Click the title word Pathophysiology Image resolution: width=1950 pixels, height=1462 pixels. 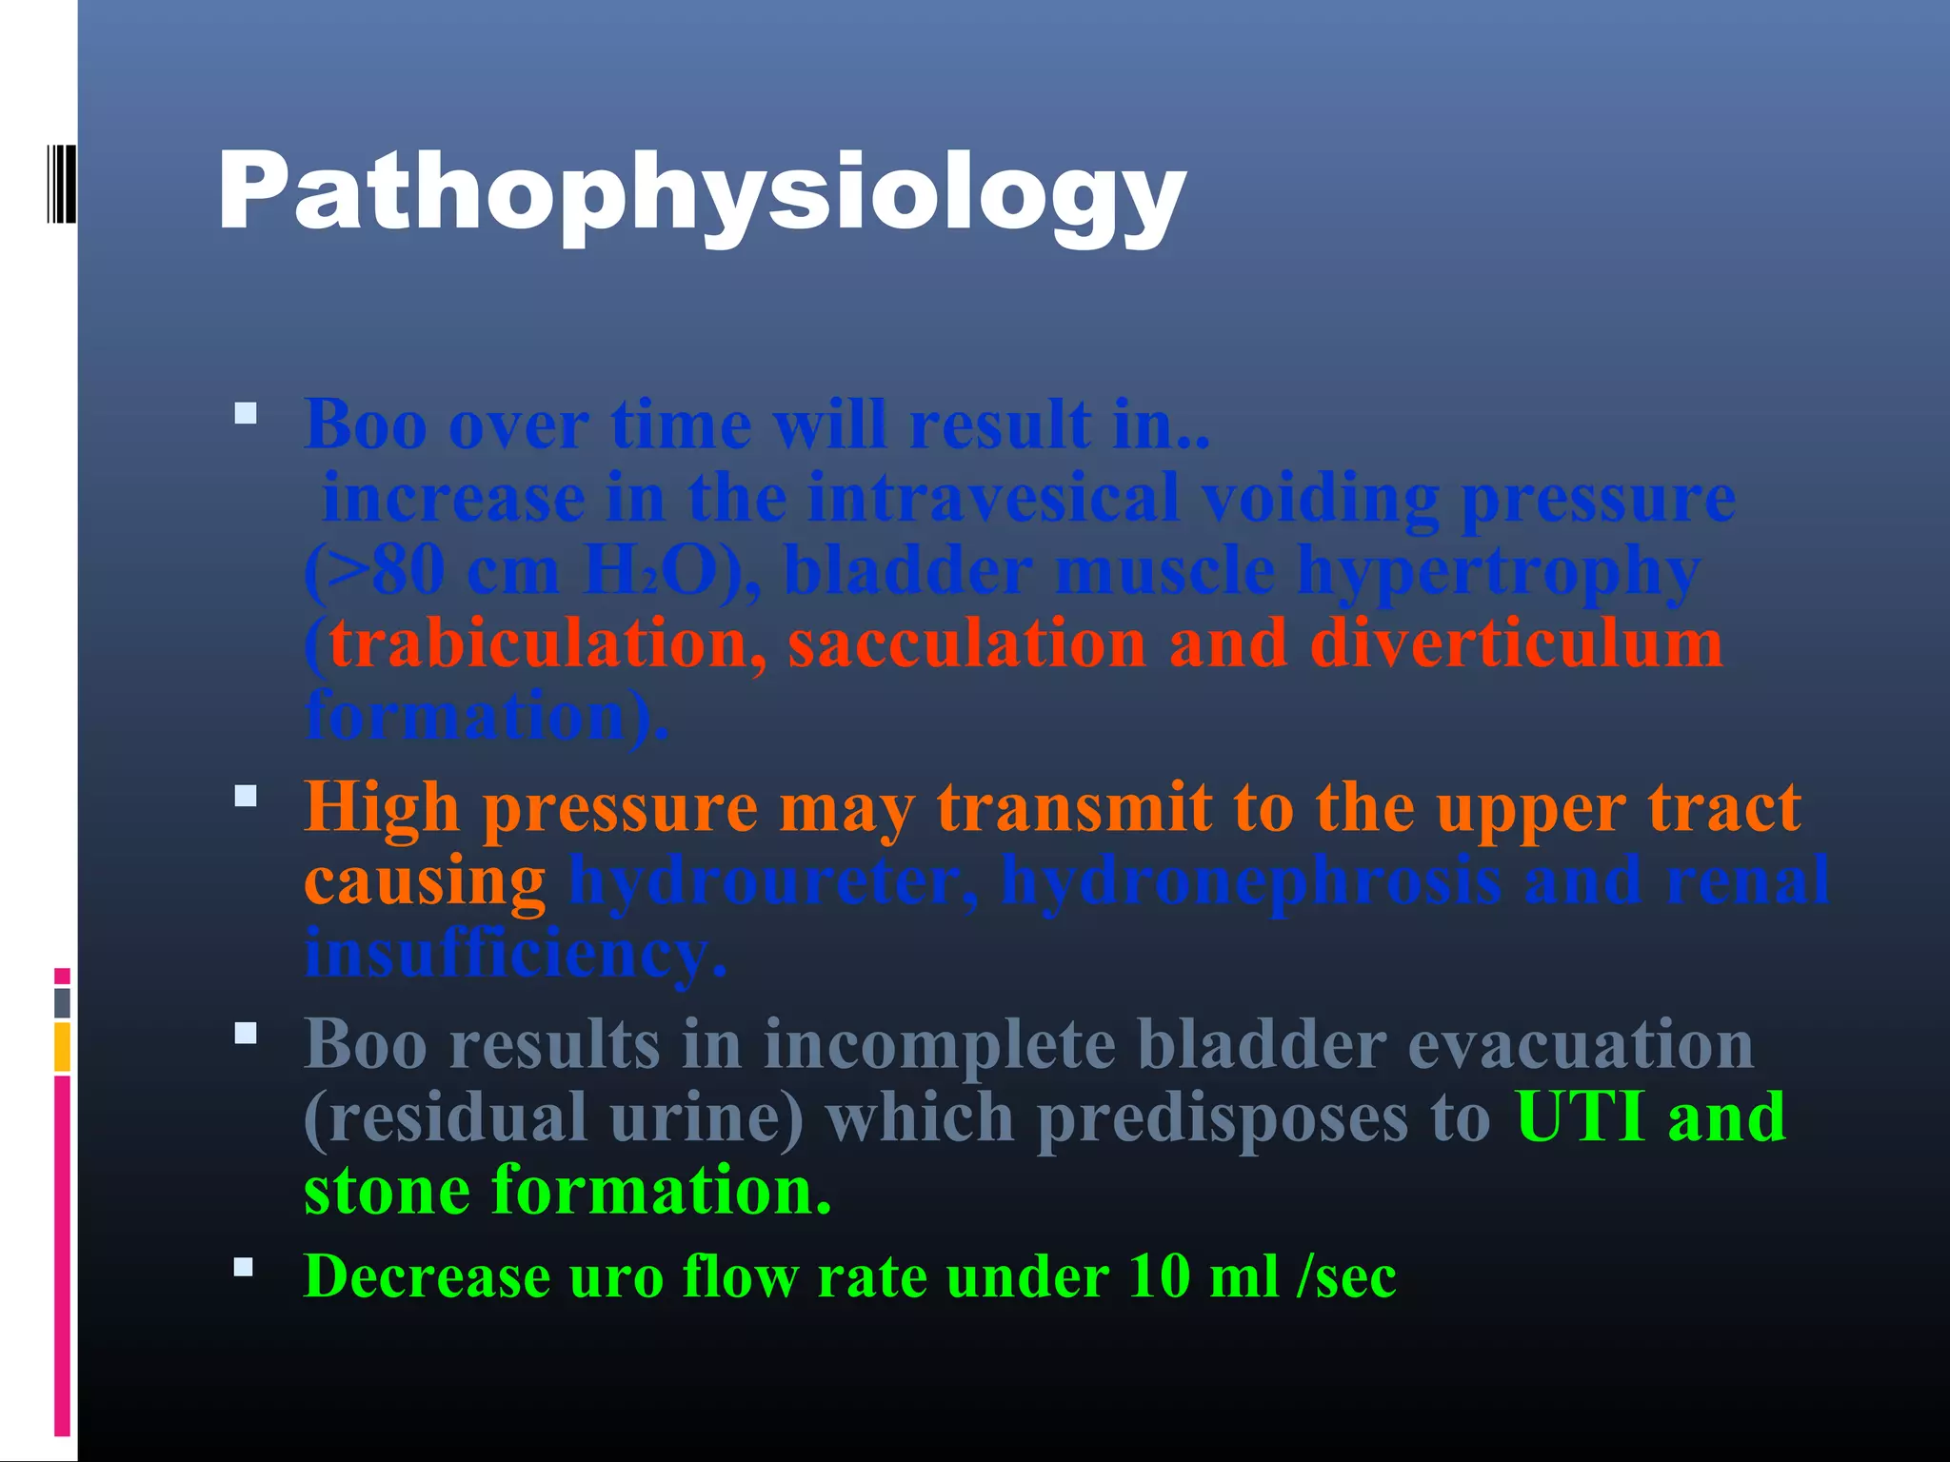702,193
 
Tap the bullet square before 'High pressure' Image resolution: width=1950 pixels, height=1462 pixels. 246,796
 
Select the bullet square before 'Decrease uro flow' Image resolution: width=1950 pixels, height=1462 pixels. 245,1267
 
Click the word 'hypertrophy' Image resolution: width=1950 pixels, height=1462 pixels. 1499,571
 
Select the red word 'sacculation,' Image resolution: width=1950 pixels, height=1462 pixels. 966,644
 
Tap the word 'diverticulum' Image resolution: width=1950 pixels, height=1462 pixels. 1516,644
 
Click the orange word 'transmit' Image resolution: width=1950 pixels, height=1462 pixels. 1074,808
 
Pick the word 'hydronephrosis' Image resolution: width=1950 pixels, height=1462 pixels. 1250,880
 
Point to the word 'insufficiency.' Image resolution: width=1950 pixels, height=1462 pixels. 515,953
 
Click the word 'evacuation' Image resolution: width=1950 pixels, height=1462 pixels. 1581,1044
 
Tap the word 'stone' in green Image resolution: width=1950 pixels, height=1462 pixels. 387,1190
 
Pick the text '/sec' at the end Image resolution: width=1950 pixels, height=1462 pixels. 1346,1276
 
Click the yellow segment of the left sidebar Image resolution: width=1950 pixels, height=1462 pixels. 62,1046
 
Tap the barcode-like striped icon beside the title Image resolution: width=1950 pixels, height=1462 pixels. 61,183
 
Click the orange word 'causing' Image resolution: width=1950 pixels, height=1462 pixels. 425,880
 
